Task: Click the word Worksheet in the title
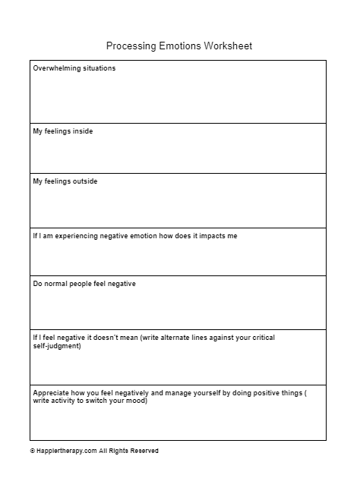228,46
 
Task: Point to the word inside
82,131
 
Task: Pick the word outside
84,181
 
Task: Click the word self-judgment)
57,346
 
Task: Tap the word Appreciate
52,393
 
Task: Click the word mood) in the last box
137,401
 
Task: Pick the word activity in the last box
65,401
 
